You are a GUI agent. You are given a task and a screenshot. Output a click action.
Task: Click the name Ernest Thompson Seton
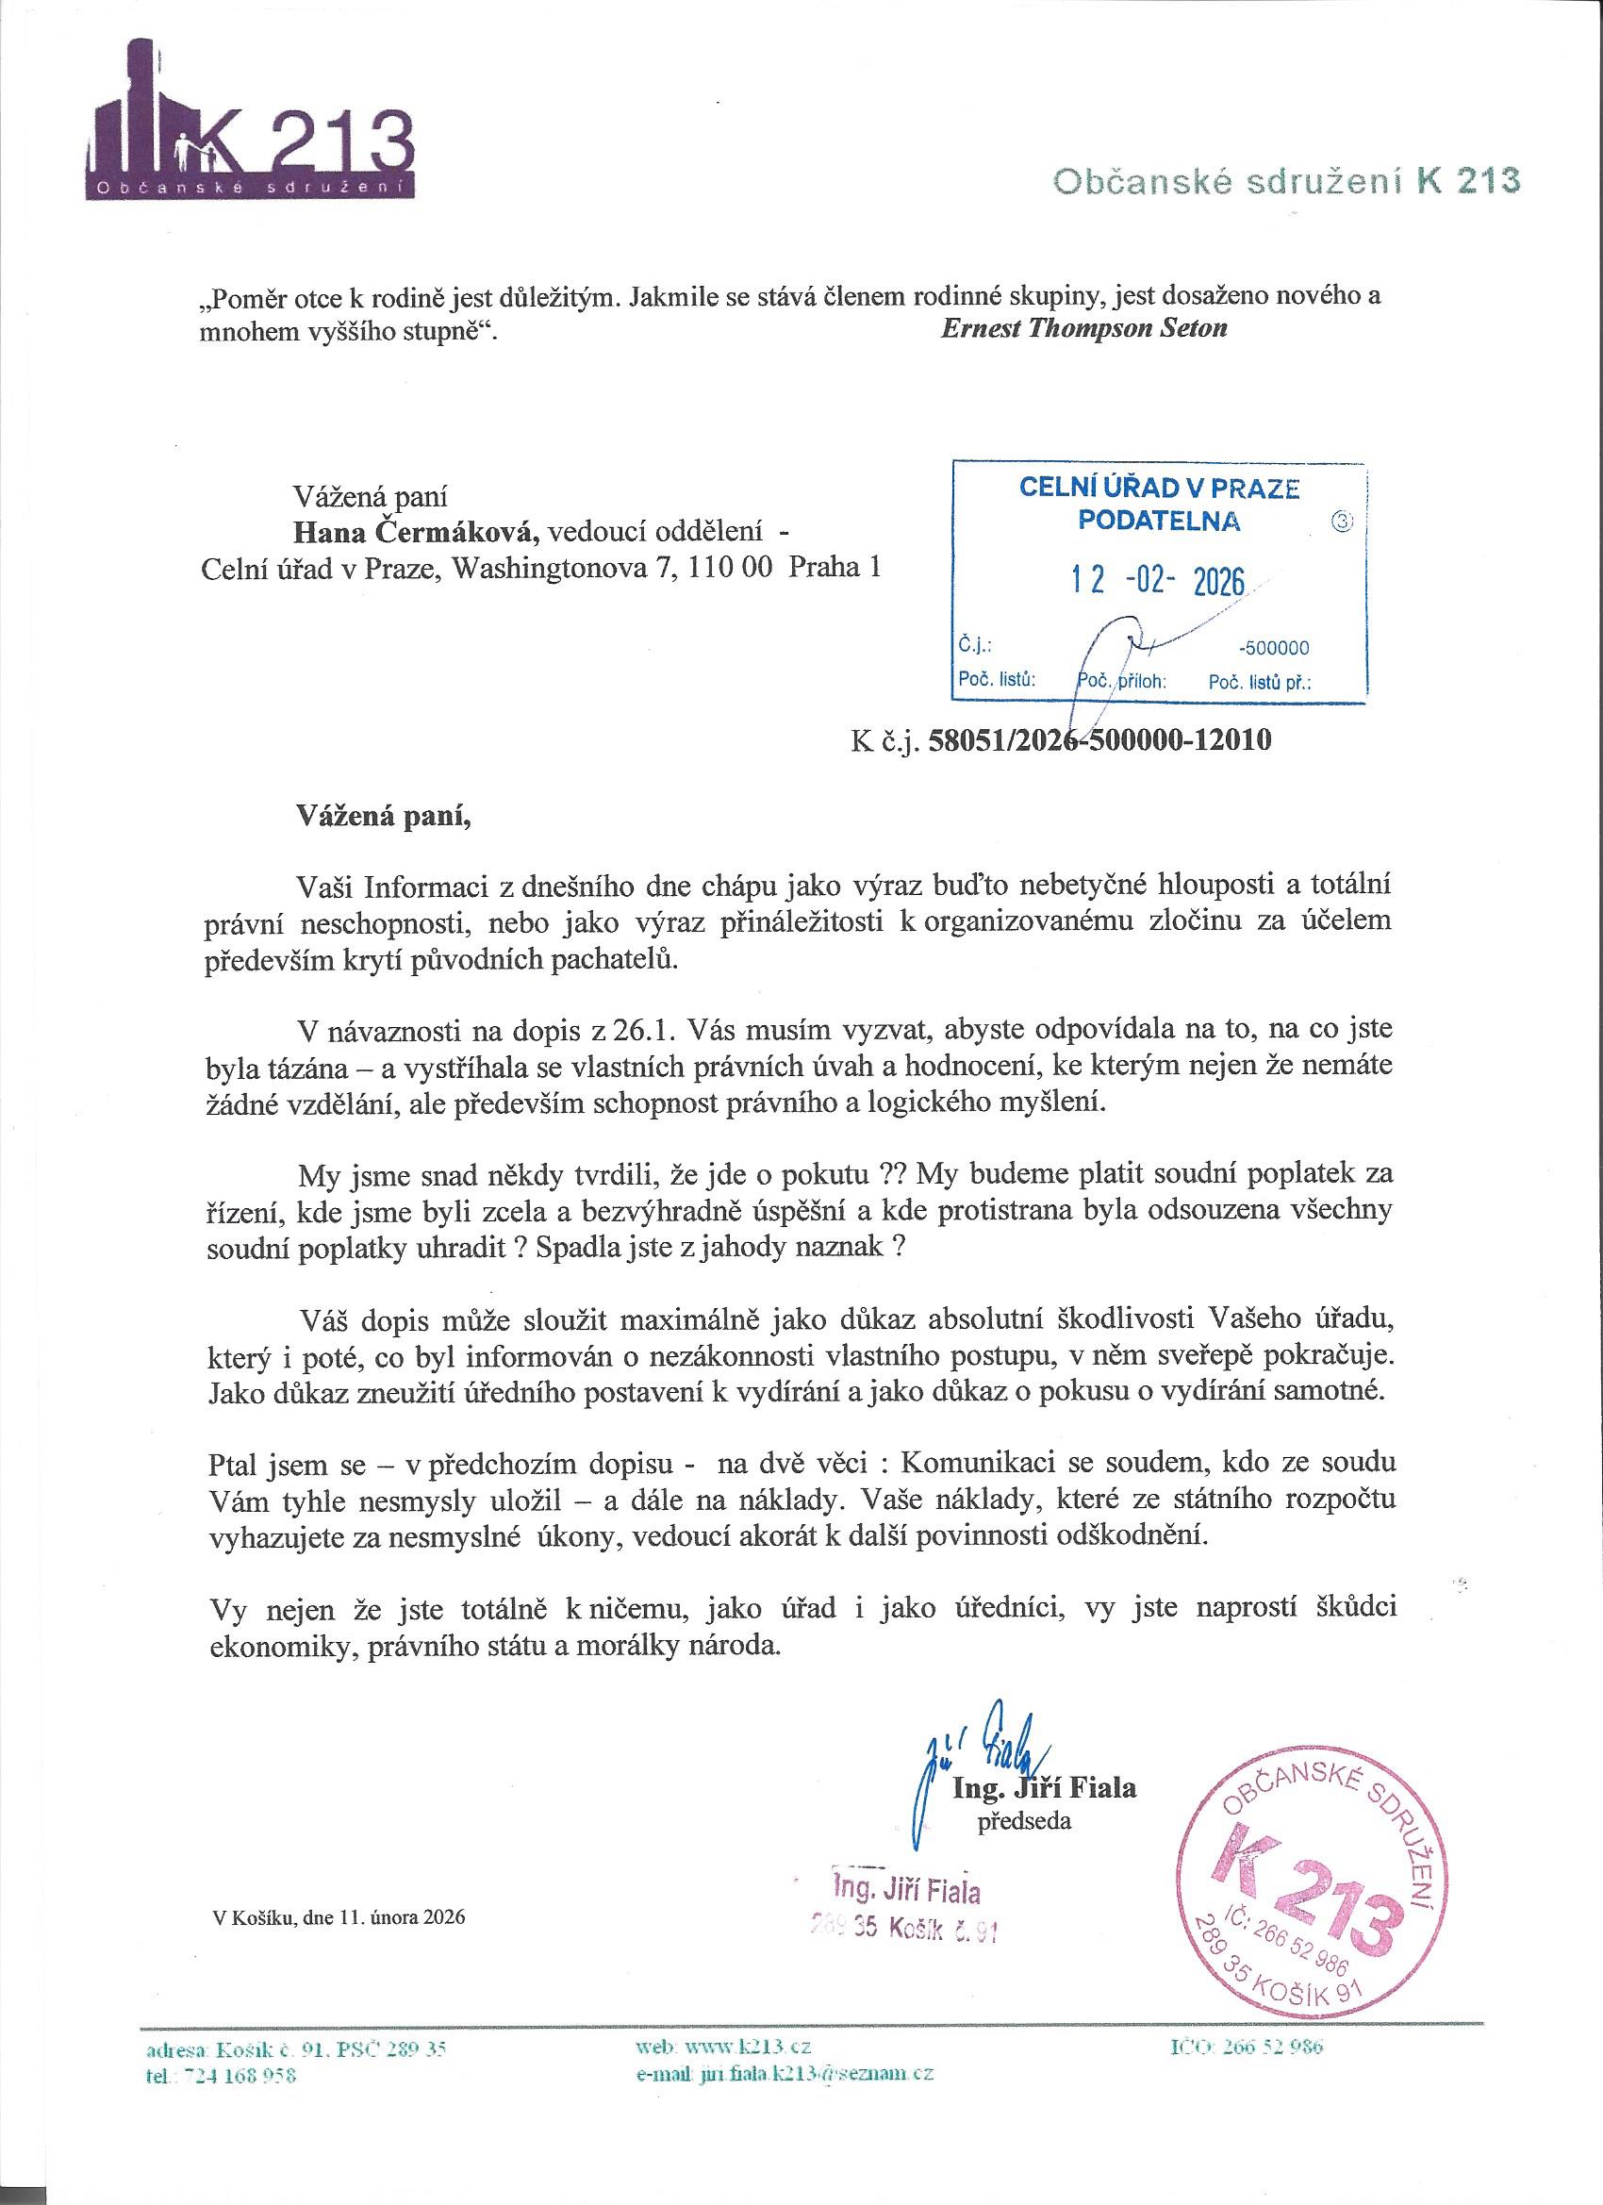click(x=1083, y=327)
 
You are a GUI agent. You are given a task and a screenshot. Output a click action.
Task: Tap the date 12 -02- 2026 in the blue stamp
click(x=1158, y=580)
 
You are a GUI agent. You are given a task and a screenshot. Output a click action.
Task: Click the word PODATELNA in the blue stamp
click(x=1158, y=521)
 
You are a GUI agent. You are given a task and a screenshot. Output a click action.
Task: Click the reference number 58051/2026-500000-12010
click(x=1099, y=741)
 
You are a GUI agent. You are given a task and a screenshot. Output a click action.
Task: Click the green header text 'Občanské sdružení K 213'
click(x=1286, y=181)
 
